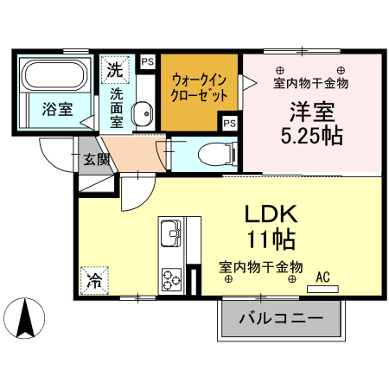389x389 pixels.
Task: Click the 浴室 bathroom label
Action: pos(56,110)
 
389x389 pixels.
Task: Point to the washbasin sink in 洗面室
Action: pos(143,111)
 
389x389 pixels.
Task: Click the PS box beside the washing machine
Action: pos(147,61)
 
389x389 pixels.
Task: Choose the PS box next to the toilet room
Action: pos(230,124)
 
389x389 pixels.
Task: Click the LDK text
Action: pos(269,214)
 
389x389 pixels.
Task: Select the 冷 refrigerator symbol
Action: pos(92,280)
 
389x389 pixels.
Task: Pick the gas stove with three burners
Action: pos(169,278)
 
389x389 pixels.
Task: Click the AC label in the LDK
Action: pos(323,277)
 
